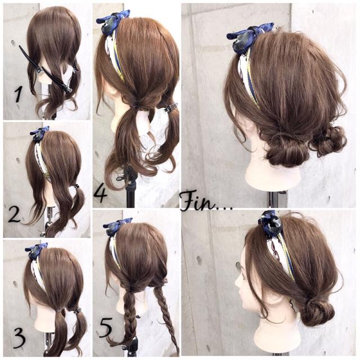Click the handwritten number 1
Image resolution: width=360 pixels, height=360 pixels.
coord(19,93)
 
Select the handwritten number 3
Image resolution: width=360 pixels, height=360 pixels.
coord(19,338)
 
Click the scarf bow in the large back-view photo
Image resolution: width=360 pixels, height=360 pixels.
coord(248,34)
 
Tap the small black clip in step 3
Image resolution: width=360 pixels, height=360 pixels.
coord(75,309)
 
